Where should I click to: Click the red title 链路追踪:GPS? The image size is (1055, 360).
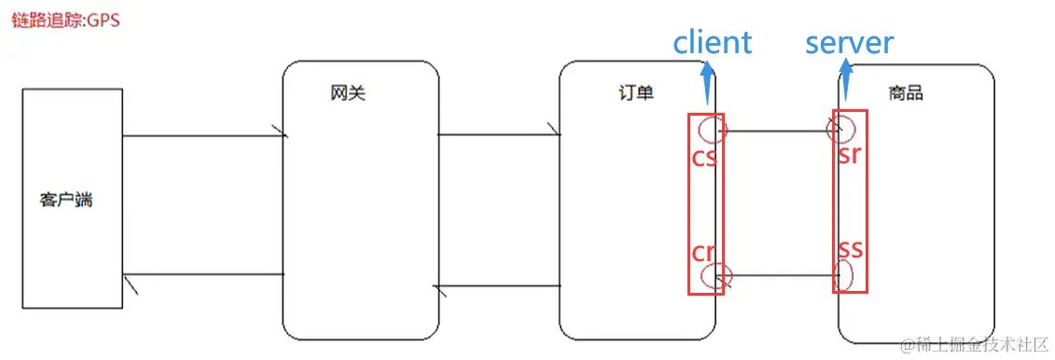tap(65, 21)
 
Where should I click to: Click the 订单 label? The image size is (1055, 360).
tap(636, 92)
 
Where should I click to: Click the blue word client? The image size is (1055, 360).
tap(712, 43)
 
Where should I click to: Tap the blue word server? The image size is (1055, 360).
tap(850, 43)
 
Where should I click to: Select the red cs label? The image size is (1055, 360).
tap(704, 158)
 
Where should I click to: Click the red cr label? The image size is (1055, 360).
tap(703, 253)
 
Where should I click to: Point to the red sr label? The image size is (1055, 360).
tap(849, 155)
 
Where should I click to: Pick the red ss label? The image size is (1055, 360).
tap(849, 250)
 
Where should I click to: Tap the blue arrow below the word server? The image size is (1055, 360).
tap(846, 80)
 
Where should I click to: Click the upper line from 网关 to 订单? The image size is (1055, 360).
tap(498, 134)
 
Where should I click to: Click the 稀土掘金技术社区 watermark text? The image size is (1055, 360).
tap(980, 344)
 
